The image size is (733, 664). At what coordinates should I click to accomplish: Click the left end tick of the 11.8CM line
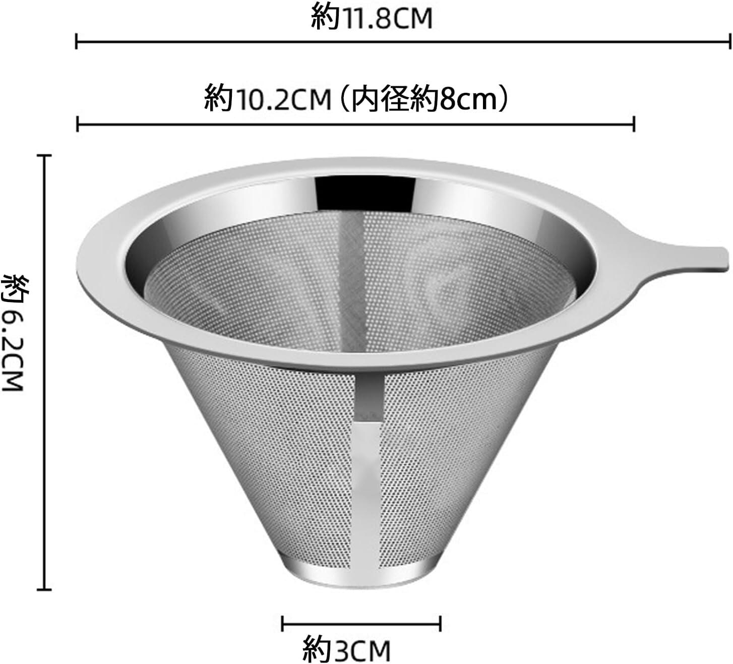coord(76,41)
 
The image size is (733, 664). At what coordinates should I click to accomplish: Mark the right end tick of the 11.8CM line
coord(730,41)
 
